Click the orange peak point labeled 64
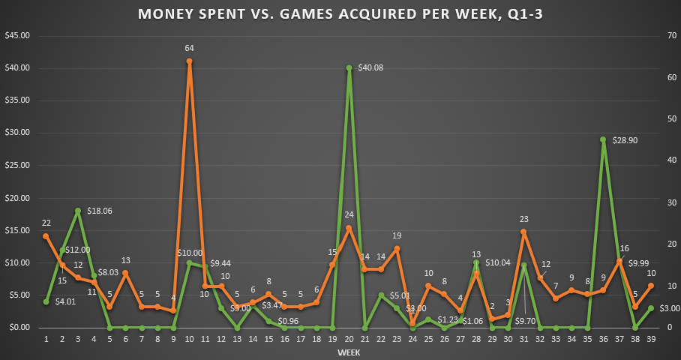(x=189, y=61)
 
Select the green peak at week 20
(x=349, y=67)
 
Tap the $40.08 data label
(x=372, y=67)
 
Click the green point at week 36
(x=604, y=139)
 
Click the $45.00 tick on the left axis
(x=17, y=35)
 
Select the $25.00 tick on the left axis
(x=17, y=165)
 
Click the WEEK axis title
(x=348, y=351)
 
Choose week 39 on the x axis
(x=652, y=339)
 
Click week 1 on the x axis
(x=46, y=339)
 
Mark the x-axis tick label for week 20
(x=349, y=339)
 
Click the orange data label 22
(x=46, y=223)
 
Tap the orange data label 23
(x=524, y=219)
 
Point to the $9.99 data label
(x=640, y=262)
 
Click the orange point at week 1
(x=46, y=235)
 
